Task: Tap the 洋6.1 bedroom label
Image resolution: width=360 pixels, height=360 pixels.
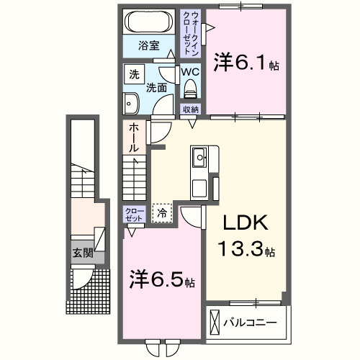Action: click(x=246, y=63)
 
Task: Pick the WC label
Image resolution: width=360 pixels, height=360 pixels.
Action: click(x=190, y=72)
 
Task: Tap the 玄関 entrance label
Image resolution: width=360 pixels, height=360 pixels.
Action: click(x=82, y=253)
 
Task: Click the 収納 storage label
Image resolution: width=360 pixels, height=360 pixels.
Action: click(x=190, y=109)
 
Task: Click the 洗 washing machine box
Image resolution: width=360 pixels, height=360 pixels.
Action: click(x=134, y=74)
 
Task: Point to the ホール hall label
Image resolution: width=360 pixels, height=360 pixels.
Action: click(x=133, y=138)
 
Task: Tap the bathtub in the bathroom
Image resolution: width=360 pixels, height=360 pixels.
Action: click(x=148, y=21)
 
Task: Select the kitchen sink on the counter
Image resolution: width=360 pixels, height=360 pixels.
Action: click(x=200, y=155)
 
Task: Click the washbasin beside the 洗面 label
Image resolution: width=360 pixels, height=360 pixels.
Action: click(x=130, y=103)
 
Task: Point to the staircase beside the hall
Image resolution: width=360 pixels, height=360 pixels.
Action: click(x=133, y=177)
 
